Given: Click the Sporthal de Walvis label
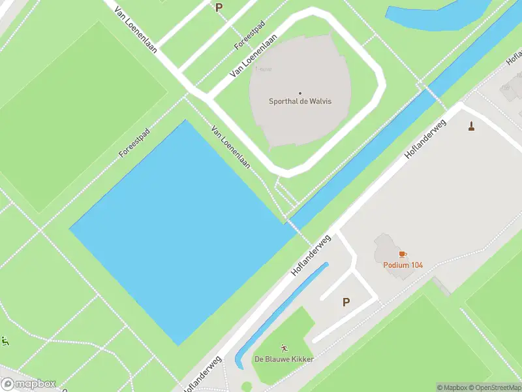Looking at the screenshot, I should [301, 101].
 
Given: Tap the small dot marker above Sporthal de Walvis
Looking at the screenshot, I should [301, 93].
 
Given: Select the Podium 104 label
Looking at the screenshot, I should [403, 265].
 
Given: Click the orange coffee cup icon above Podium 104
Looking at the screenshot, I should [403, 254].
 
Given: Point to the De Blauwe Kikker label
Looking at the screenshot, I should [284, 359].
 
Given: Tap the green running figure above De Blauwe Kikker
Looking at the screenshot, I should [284, 348].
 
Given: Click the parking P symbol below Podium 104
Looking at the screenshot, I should [346, 302].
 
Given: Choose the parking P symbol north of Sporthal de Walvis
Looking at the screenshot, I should [219, 8].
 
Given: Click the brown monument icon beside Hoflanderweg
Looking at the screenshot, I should [471, 125].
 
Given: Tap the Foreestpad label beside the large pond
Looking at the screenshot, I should [134, 142].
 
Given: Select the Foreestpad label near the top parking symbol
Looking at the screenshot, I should [250, 35].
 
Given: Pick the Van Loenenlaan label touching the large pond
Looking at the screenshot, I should [231, 147].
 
